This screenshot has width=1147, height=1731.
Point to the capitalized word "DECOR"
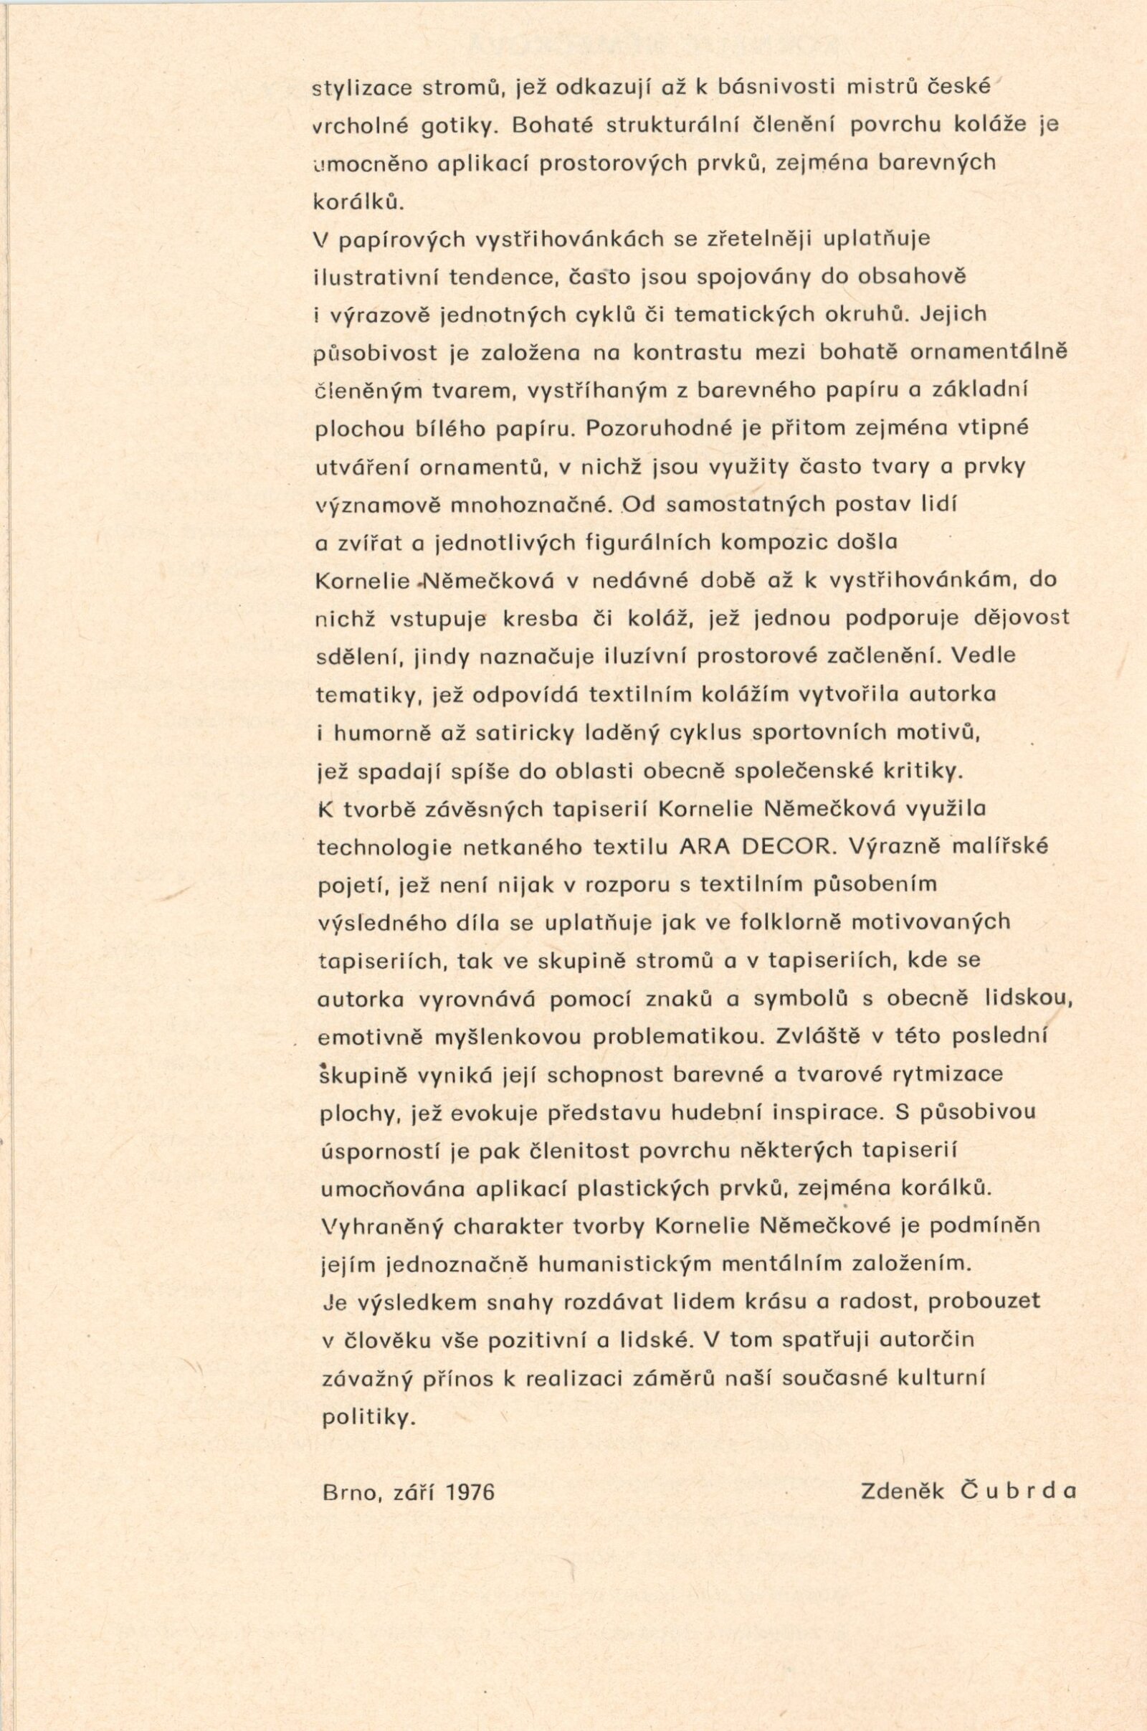point(791,847)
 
